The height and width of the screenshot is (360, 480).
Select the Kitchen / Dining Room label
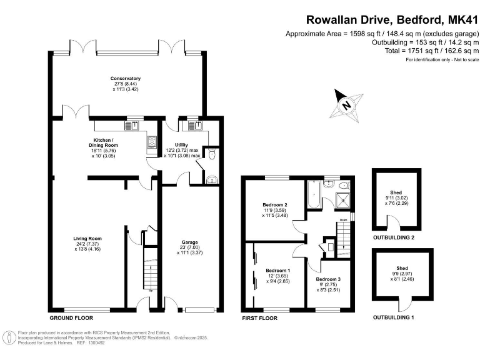point(100,142)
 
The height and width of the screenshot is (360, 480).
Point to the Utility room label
point(181,144)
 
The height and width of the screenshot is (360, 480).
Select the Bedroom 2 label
point(276,205)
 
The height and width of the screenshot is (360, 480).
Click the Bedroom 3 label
point(327,279)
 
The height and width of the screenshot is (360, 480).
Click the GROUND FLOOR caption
point(70,318)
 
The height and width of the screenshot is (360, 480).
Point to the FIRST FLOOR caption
point(259,318)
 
